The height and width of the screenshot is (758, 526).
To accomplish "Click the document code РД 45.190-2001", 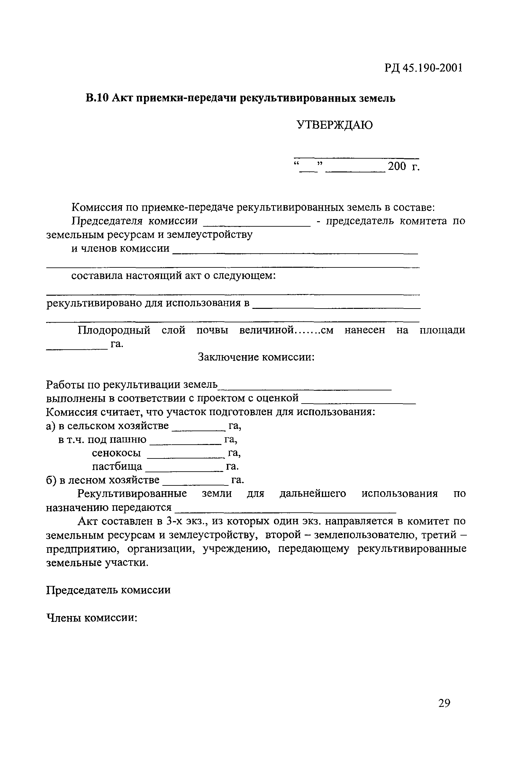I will (423, 68).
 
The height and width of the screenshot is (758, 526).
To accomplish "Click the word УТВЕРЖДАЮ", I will (334, 125).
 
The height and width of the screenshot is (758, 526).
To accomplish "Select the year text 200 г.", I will (404, 167).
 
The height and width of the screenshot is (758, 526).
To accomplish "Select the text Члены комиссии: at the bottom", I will (92, 618).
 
